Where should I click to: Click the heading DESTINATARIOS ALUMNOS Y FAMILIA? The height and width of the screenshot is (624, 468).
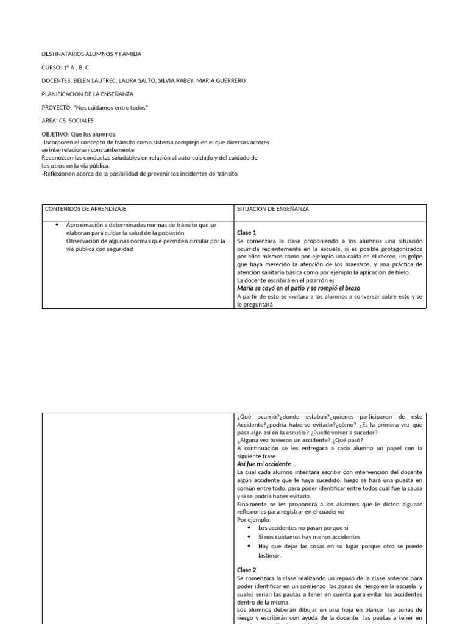point(91,54)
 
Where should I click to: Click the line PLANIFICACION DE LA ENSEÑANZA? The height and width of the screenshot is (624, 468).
point(87,94)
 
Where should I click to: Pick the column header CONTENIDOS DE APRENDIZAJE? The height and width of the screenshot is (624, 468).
point(86,209)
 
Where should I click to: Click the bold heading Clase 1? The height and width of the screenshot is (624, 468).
point(247,233)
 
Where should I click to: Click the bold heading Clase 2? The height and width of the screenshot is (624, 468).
point(247,569)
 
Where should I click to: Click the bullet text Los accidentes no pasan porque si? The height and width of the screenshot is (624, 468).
point(303,528)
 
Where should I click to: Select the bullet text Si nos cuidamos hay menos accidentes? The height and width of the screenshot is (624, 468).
point(309,537)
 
